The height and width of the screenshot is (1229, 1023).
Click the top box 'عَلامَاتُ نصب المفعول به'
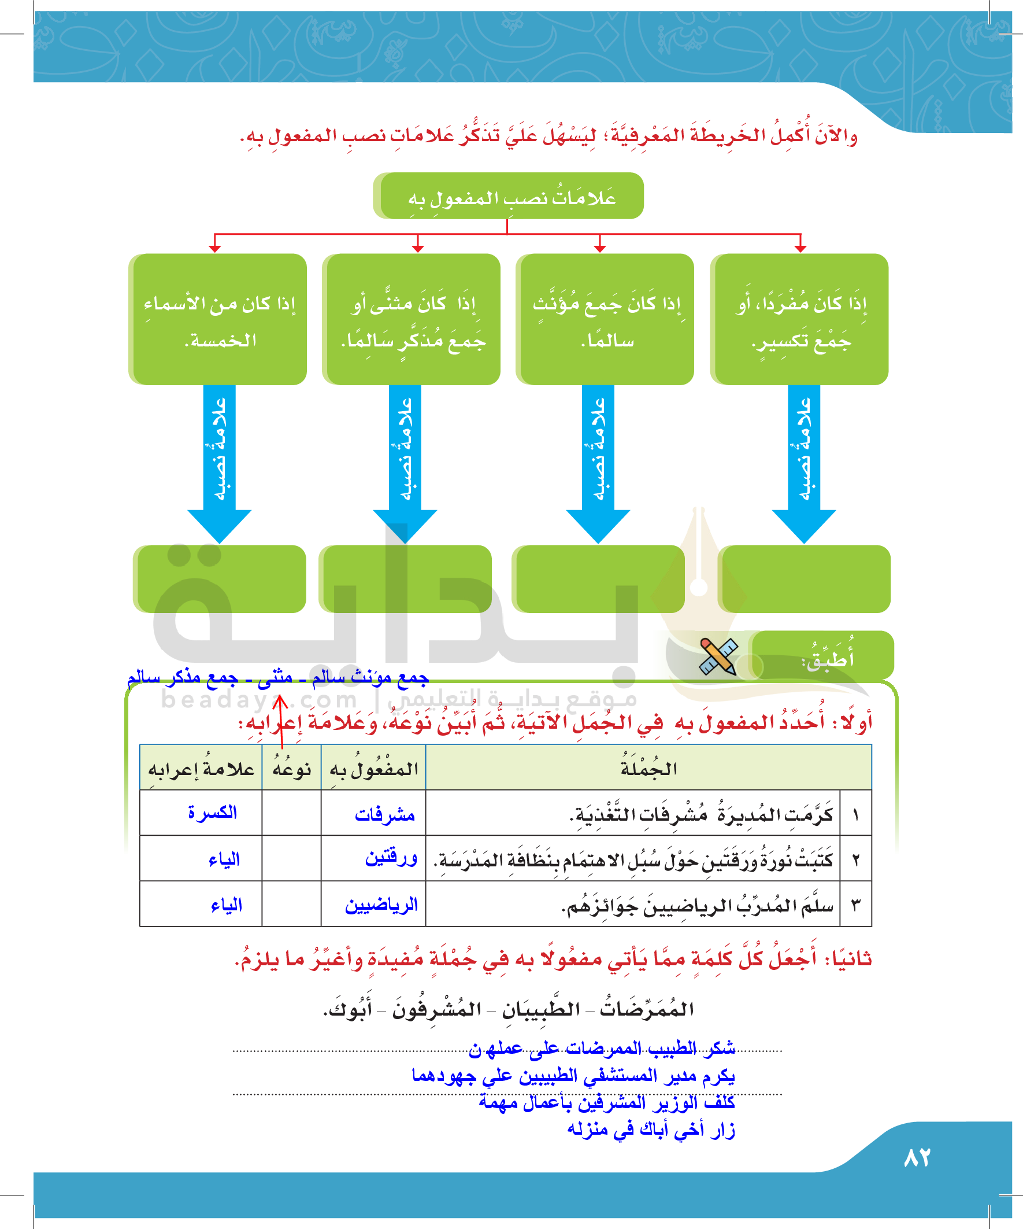pyautogui.click(x=509, y=197)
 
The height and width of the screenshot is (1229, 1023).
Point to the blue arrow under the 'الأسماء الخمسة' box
pyautogui.click(x=220, y=462)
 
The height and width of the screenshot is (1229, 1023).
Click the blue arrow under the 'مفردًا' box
pyautogui.click(x=805, y=462)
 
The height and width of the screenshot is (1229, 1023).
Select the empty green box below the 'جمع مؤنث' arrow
pyautogui.click(x=599, y=579)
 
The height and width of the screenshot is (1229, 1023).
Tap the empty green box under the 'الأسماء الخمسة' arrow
pyautogui.click(x=220, y=579)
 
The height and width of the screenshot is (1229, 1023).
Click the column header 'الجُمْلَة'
pyautogui.click(x=648, y=769)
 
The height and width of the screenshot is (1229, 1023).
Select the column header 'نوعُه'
pyautogui.click(x=291, y=769)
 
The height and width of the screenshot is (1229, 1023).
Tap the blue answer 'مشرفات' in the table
pyautogui.click(x=384, y=814)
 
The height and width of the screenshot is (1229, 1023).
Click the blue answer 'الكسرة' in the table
pyautogui.click(x=212, y=813)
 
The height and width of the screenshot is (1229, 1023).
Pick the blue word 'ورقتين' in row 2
pyautogui.click(x=391, y=858)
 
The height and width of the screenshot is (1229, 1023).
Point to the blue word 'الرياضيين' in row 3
pyautogui.click(x=381, y=905)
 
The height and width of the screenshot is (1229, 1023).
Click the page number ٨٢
pyautogui.click(x=917, y=1158)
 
